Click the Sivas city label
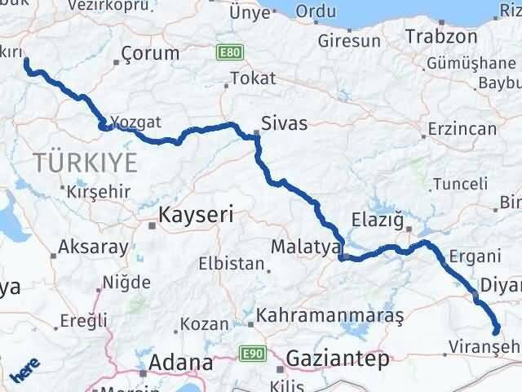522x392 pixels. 285,124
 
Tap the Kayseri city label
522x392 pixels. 195,216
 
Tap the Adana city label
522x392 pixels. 180,362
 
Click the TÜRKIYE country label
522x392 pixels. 86,162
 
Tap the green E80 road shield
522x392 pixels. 229,52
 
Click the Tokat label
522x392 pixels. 253,78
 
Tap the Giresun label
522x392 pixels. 350,40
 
